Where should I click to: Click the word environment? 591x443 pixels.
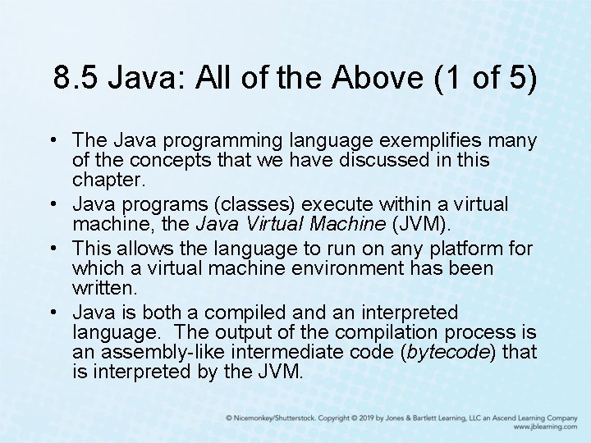(342, 268)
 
